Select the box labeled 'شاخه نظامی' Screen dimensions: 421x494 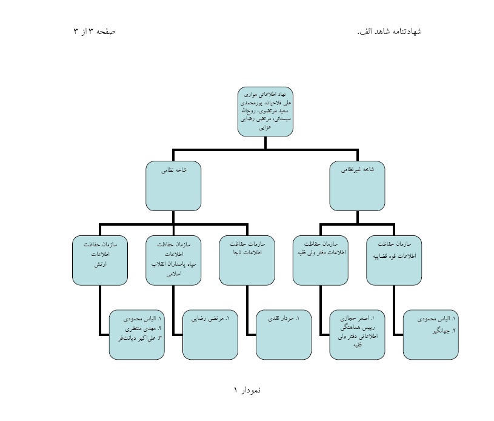[173, 186]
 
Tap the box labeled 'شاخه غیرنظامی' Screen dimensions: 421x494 [357, 186]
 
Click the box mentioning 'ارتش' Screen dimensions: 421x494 [99, 260]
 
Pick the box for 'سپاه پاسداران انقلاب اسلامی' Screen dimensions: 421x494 [173, 260]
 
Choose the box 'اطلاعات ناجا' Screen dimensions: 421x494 [247, 260]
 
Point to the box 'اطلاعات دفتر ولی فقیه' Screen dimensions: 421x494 [320, 260]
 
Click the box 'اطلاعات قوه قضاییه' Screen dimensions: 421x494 [394, 260]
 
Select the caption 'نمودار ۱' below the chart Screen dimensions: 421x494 [247, 390]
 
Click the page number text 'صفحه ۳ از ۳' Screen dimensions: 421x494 [94, 31]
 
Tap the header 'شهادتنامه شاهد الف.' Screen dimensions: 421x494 [389, 31]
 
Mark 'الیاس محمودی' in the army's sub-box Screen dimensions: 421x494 [142, 318]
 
